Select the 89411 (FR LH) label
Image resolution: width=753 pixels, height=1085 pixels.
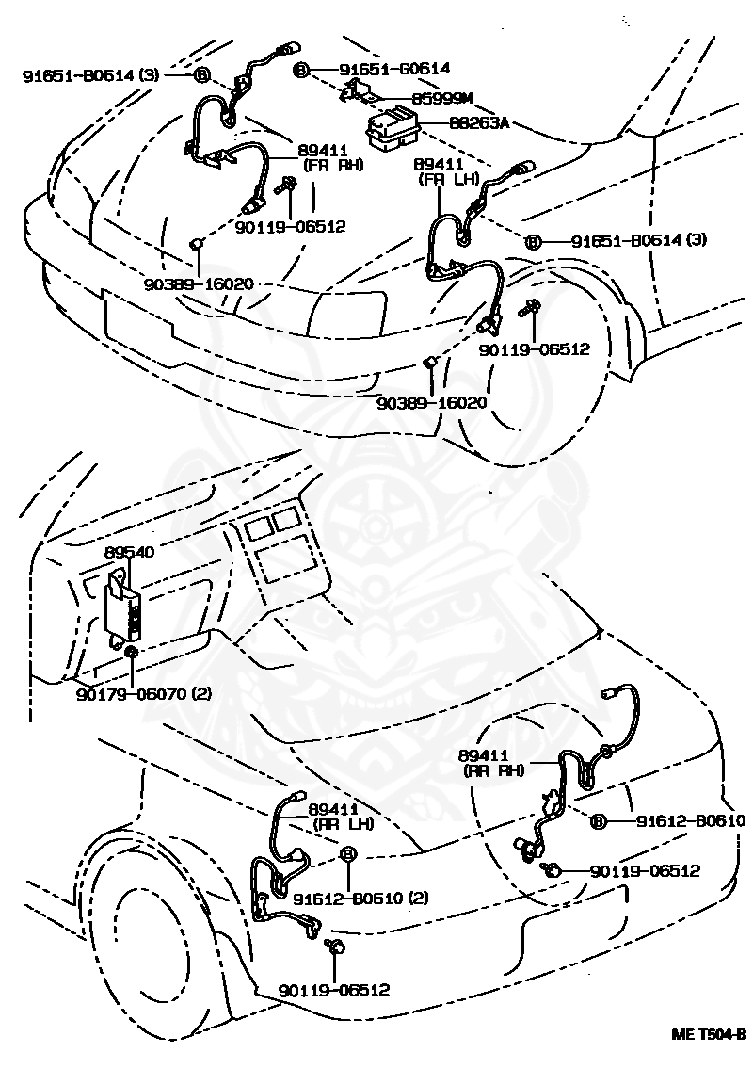pos(447,170)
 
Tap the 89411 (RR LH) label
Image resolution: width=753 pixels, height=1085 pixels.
pos(341,816)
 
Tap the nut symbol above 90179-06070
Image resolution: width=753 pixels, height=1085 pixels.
pos(131,652)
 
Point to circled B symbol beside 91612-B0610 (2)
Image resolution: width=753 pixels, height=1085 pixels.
pos(346,854)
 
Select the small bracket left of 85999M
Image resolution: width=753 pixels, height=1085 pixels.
pos(355,89)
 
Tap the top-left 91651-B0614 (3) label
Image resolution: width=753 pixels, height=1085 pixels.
pos(89,74)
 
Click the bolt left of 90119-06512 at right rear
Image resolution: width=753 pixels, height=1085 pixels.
pos(552,870)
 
